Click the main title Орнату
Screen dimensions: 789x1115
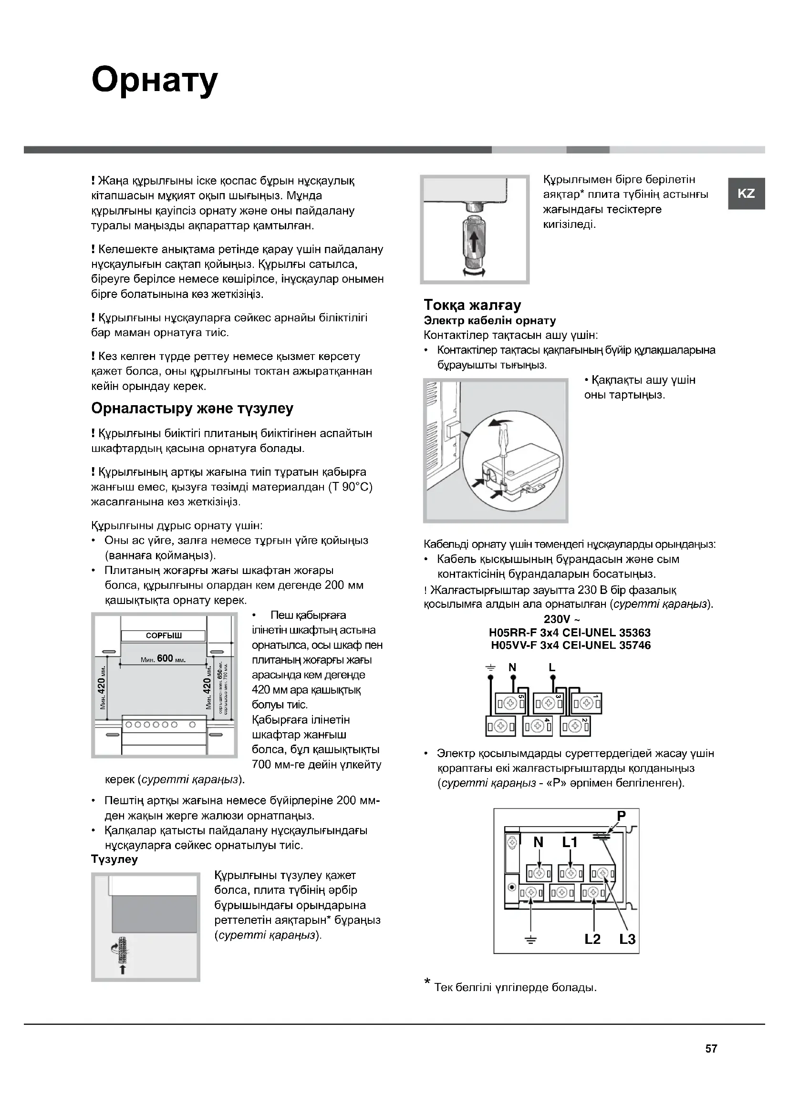(155, 81)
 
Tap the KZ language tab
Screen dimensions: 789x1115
(746, 193)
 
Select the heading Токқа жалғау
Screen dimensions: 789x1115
(472, 305)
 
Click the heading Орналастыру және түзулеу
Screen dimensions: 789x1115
(192, 409)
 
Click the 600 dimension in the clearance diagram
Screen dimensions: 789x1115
(165, 658)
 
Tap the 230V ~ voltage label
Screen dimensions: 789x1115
(561, 619)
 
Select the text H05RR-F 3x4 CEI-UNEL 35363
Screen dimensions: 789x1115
(570, 633)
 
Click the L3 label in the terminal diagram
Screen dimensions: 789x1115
(627, 939)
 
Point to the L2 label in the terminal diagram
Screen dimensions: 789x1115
(593, 939)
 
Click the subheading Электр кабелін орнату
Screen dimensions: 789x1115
(490, 320)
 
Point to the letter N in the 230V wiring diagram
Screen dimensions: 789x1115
(512, 667)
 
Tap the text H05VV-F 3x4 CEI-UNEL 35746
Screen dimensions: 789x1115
(571, 645)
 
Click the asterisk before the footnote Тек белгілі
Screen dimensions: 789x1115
(427, 982)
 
